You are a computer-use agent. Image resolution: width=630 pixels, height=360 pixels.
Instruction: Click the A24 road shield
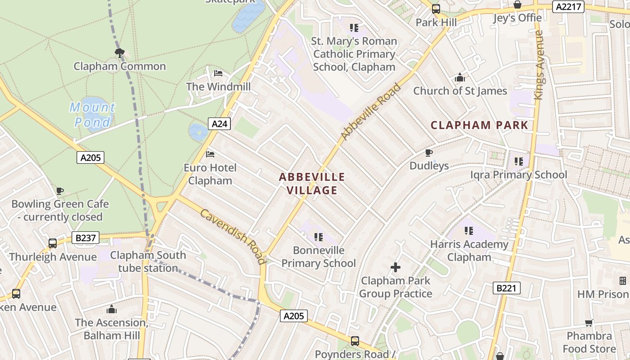pos(219,123)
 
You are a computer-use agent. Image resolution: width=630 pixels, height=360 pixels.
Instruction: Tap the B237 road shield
pos(85,238)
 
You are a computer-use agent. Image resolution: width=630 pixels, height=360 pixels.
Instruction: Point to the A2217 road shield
pos(569,7)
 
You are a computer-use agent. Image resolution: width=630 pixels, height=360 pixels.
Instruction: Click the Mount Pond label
pos(92,115)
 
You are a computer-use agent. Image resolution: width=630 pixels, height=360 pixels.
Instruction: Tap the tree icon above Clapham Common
pos(119,54)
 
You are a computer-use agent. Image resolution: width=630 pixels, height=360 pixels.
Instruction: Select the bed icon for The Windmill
pos(218,73)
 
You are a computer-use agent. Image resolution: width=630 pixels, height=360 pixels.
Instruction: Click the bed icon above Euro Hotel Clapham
pos(210,154)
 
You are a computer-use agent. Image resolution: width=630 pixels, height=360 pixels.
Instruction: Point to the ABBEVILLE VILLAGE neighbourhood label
pos(312,184)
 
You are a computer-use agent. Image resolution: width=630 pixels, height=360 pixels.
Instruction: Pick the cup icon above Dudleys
pos(429,153)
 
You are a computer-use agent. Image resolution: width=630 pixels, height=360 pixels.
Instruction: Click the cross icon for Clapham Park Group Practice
pos(396,268)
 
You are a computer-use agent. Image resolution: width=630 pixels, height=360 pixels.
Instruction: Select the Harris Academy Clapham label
pos(469,251)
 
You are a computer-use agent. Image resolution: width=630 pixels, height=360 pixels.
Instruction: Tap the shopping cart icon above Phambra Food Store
pos(589,323)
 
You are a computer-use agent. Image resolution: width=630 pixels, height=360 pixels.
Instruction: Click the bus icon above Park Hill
pos(436,9)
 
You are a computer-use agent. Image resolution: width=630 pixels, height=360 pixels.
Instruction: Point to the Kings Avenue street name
pos(539,65)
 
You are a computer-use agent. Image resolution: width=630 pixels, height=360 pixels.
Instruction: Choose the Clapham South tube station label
pos(148,261)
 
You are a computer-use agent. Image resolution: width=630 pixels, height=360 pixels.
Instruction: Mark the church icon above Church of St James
pos(459,78)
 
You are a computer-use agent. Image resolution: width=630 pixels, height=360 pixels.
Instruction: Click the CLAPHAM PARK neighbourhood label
pos(479,125)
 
